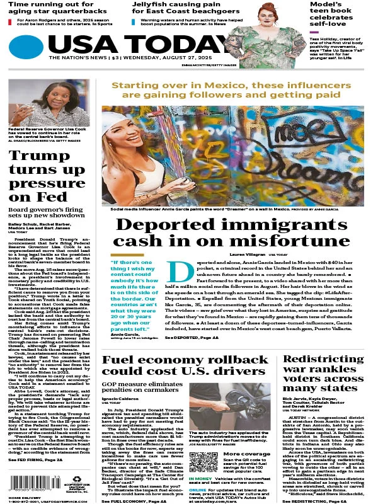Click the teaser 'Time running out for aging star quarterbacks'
click(54, 9)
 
